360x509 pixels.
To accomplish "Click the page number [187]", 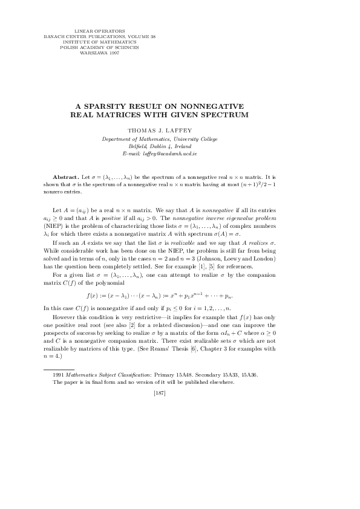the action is click(x=160, y=394).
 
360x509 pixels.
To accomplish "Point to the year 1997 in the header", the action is click(x=113, y=53).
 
